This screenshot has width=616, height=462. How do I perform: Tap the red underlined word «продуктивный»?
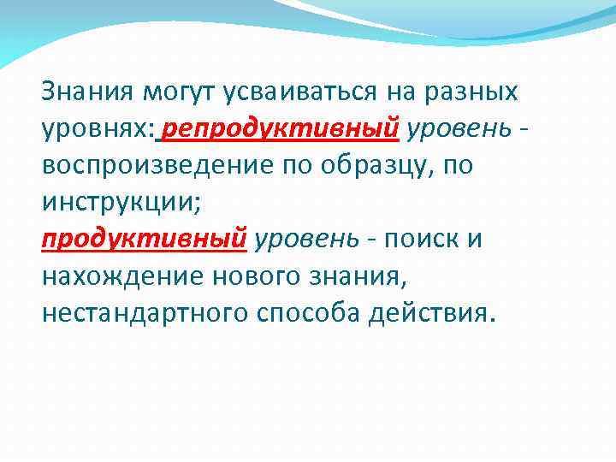(x=145, y=239)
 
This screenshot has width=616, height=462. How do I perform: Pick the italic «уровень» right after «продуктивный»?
(x=302, y=239)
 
